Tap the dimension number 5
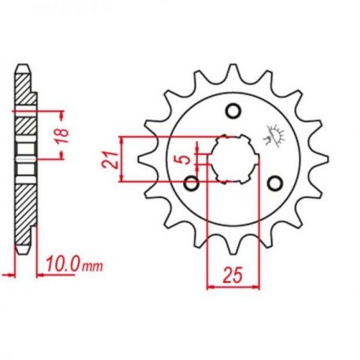[186, 159]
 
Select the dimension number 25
[233, 275]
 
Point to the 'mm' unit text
[93, 266]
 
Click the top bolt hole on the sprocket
[233, 111]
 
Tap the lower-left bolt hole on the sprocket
[191, 183]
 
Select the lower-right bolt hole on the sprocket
[275, 183]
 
